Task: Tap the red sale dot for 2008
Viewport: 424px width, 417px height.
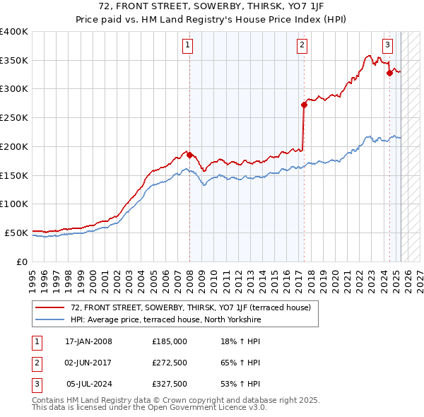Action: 189,155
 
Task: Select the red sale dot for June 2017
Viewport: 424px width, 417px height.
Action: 304,105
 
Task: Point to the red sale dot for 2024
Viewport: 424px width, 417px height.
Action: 389,72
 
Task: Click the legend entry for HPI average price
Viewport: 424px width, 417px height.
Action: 165,319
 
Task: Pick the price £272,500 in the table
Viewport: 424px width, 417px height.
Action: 170,363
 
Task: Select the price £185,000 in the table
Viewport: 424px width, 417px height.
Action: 170,341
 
